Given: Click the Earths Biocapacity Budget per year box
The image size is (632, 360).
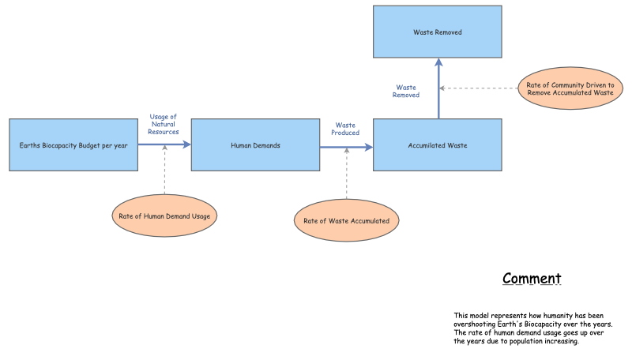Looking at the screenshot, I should click(x=73, y=144).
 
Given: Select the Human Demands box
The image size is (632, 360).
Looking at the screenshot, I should click(x=255, y=144).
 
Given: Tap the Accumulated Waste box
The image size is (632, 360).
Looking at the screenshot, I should click(x=437, y=144).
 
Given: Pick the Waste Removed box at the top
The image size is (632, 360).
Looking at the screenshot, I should click(x=437, y=32).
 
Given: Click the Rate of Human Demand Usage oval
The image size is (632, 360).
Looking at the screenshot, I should click(x=164, y=215).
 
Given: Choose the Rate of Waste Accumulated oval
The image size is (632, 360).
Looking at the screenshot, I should click(x=346, y=220).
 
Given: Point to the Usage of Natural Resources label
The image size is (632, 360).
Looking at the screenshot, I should click(x=164, y=124).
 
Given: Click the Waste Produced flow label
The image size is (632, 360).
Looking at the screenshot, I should click(x=345, y=129).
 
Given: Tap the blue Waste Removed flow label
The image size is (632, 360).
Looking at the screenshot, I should click(x=406, y=91).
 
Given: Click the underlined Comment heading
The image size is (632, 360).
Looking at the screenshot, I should click(x=532, y=279).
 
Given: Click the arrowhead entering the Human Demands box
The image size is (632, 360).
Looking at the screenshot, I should click(x=187, y=144).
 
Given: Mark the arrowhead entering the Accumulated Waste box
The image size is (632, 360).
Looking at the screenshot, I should click(x=369, y=147).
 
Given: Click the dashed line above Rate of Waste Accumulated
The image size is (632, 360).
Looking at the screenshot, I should click(x=346, y=174).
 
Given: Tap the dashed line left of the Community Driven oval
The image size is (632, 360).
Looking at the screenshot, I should click(x=478, y=88).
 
